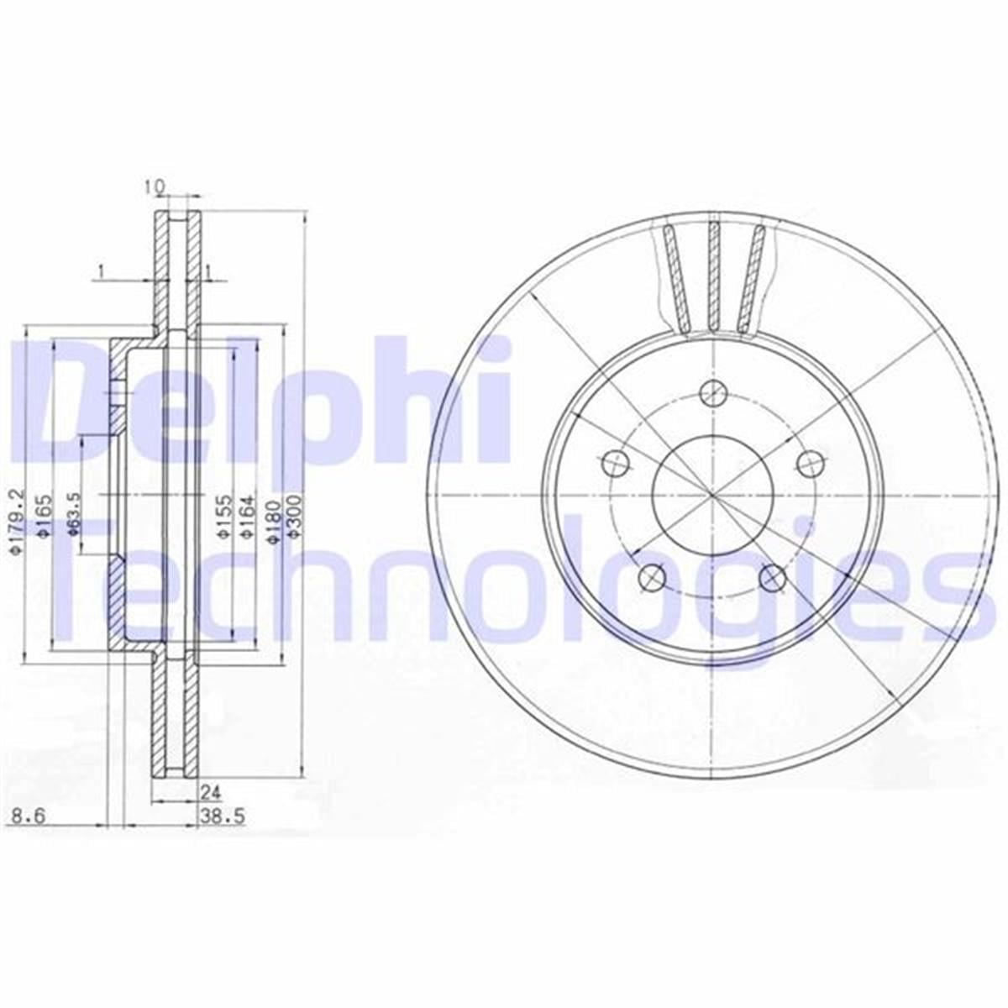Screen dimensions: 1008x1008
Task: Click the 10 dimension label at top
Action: (153, 187)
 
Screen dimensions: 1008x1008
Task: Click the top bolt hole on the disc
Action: (713, 390)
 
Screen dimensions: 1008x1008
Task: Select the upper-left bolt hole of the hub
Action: (616, 461)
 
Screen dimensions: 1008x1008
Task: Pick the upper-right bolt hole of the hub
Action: (810, 461)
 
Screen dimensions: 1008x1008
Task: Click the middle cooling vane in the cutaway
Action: (713, 276)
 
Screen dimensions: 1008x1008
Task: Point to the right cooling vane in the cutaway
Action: (752, 277)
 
